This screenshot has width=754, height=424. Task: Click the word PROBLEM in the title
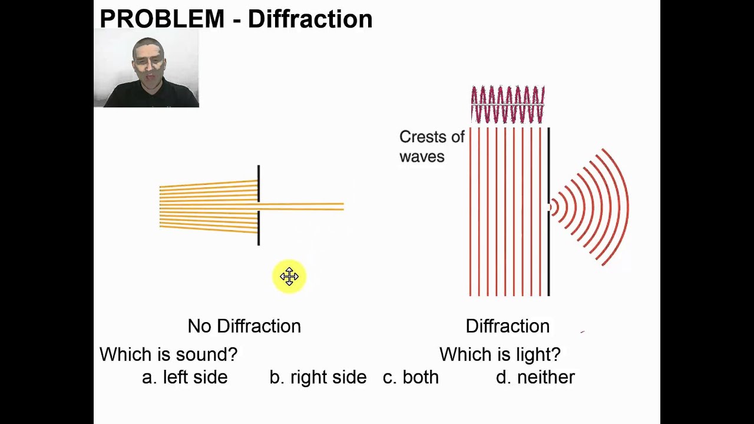pos(162,19)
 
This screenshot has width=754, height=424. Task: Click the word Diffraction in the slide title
pos(310,19)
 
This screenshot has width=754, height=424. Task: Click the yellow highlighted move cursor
pos(289,277)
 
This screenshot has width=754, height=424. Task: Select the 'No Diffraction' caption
pos(244,326)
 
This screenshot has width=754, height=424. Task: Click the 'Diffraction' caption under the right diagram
pos(507,326)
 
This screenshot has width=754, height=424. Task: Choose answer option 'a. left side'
pos(184,377)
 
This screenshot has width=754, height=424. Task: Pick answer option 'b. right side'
pos(318,377)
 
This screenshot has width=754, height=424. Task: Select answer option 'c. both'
pos(411,377)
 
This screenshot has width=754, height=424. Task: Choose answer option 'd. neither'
pos(535,377)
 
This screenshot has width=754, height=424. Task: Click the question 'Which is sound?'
pos(168,355)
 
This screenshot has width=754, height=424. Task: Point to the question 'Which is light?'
pos(500,355)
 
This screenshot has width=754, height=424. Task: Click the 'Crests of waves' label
pos(431,147)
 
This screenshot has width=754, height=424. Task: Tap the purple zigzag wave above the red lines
pos(507,105)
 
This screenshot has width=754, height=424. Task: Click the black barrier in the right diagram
pos(549,253)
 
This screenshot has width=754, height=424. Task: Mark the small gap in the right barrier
pos(549,207)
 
